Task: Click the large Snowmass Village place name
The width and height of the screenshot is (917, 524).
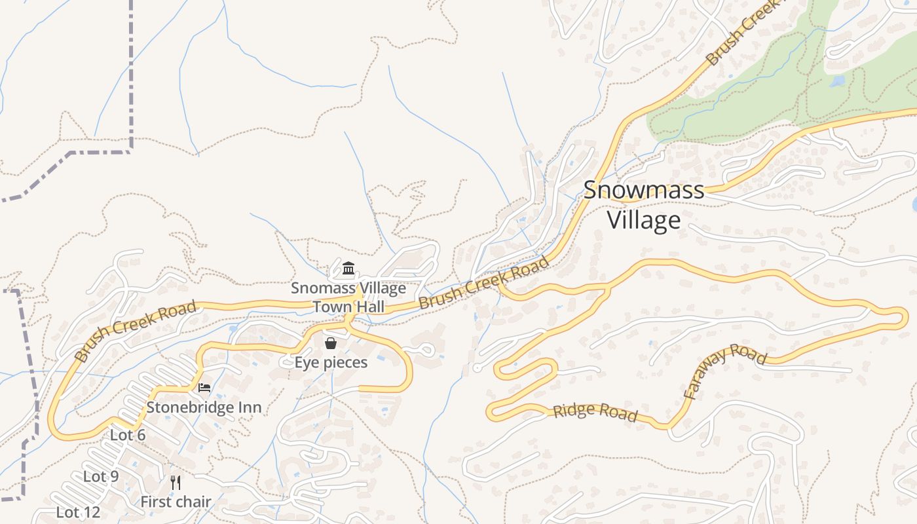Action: click(x=644, y=204)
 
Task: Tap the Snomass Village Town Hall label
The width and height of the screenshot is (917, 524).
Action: click(x=348, y=297)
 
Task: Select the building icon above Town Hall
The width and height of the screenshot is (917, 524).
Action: click(x=348, y=269)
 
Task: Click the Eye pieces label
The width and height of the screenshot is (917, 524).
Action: click(x=331, y=362)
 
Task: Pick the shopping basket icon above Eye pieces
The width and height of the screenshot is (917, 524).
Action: click(x=331, y=343)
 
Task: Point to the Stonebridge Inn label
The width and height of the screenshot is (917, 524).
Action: click(x=204, y=407)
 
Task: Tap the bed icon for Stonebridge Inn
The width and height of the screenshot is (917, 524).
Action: click(x=204, y=388)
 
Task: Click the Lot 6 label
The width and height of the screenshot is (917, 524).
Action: click(x=128, y=436)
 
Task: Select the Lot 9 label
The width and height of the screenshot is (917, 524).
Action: click(x=101, y=476)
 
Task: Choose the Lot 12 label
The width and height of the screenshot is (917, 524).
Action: click(x=78, y=512)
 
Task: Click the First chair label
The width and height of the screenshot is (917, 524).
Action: click(x=176, y=502)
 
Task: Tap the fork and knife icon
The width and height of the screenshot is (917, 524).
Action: click(x=175, y=483)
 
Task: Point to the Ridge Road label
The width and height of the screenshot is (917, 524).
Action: click(x=595, y=412)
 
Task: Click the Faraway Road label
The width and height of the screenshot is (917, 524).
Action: click(x=724, y=370)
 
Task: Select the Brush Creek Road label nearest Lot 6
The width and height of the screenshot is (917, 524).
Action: click(x=136, y=330)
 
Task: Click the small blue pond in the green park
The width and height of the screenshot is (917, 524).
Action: click(x=837, y=82)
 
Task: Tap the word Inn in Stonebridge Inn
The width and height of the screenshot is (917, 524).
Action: click(x=249, y=407)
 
